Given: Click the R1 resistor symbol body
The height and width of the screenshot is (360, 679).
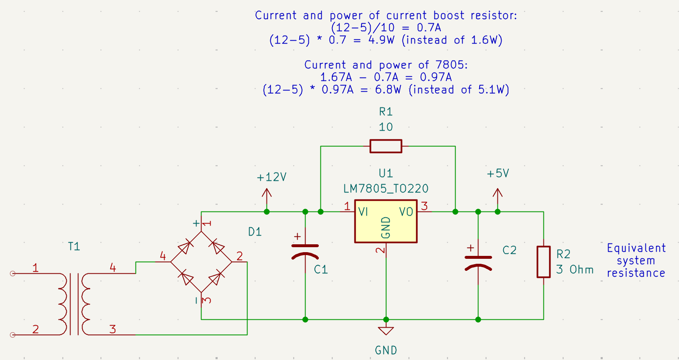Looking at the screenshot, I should (386, 146).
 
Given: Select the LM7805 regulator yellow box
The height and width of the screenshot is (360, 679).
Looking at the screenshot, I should (386, 221).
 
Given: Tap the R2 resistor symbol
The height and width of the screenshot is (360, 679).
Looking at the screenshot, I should (543, 262).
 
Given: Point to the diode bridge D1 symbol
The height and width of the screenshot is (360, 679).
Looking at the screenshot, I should (201, 262).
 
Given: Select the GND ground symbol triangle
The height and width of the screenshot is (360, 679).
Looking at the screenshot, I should (386, 331).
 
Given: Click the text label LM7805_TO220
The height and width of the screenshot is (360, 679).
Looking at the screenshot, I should (386, 189).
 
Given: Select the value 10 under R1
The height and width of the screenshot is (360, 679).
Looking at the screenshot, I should (386, 127).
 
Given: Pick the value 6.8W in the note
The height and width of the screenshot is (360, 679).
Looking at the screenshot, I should (388, 90).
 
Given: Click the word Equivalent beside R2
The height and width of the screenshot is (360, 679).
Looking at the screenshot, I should (636, 248).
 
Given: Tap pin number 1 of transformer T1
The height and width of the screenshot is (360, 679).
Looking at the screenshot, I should (36, 268).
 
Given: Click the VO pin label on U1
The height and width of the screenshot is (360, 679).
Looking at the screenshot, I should (406, 212).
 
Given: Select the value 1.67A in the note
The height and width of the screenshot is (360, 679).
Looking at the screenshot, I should (336, 78).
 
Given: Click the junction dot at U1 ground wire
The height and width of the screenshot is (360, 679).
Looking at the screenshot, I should (386, 319).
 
